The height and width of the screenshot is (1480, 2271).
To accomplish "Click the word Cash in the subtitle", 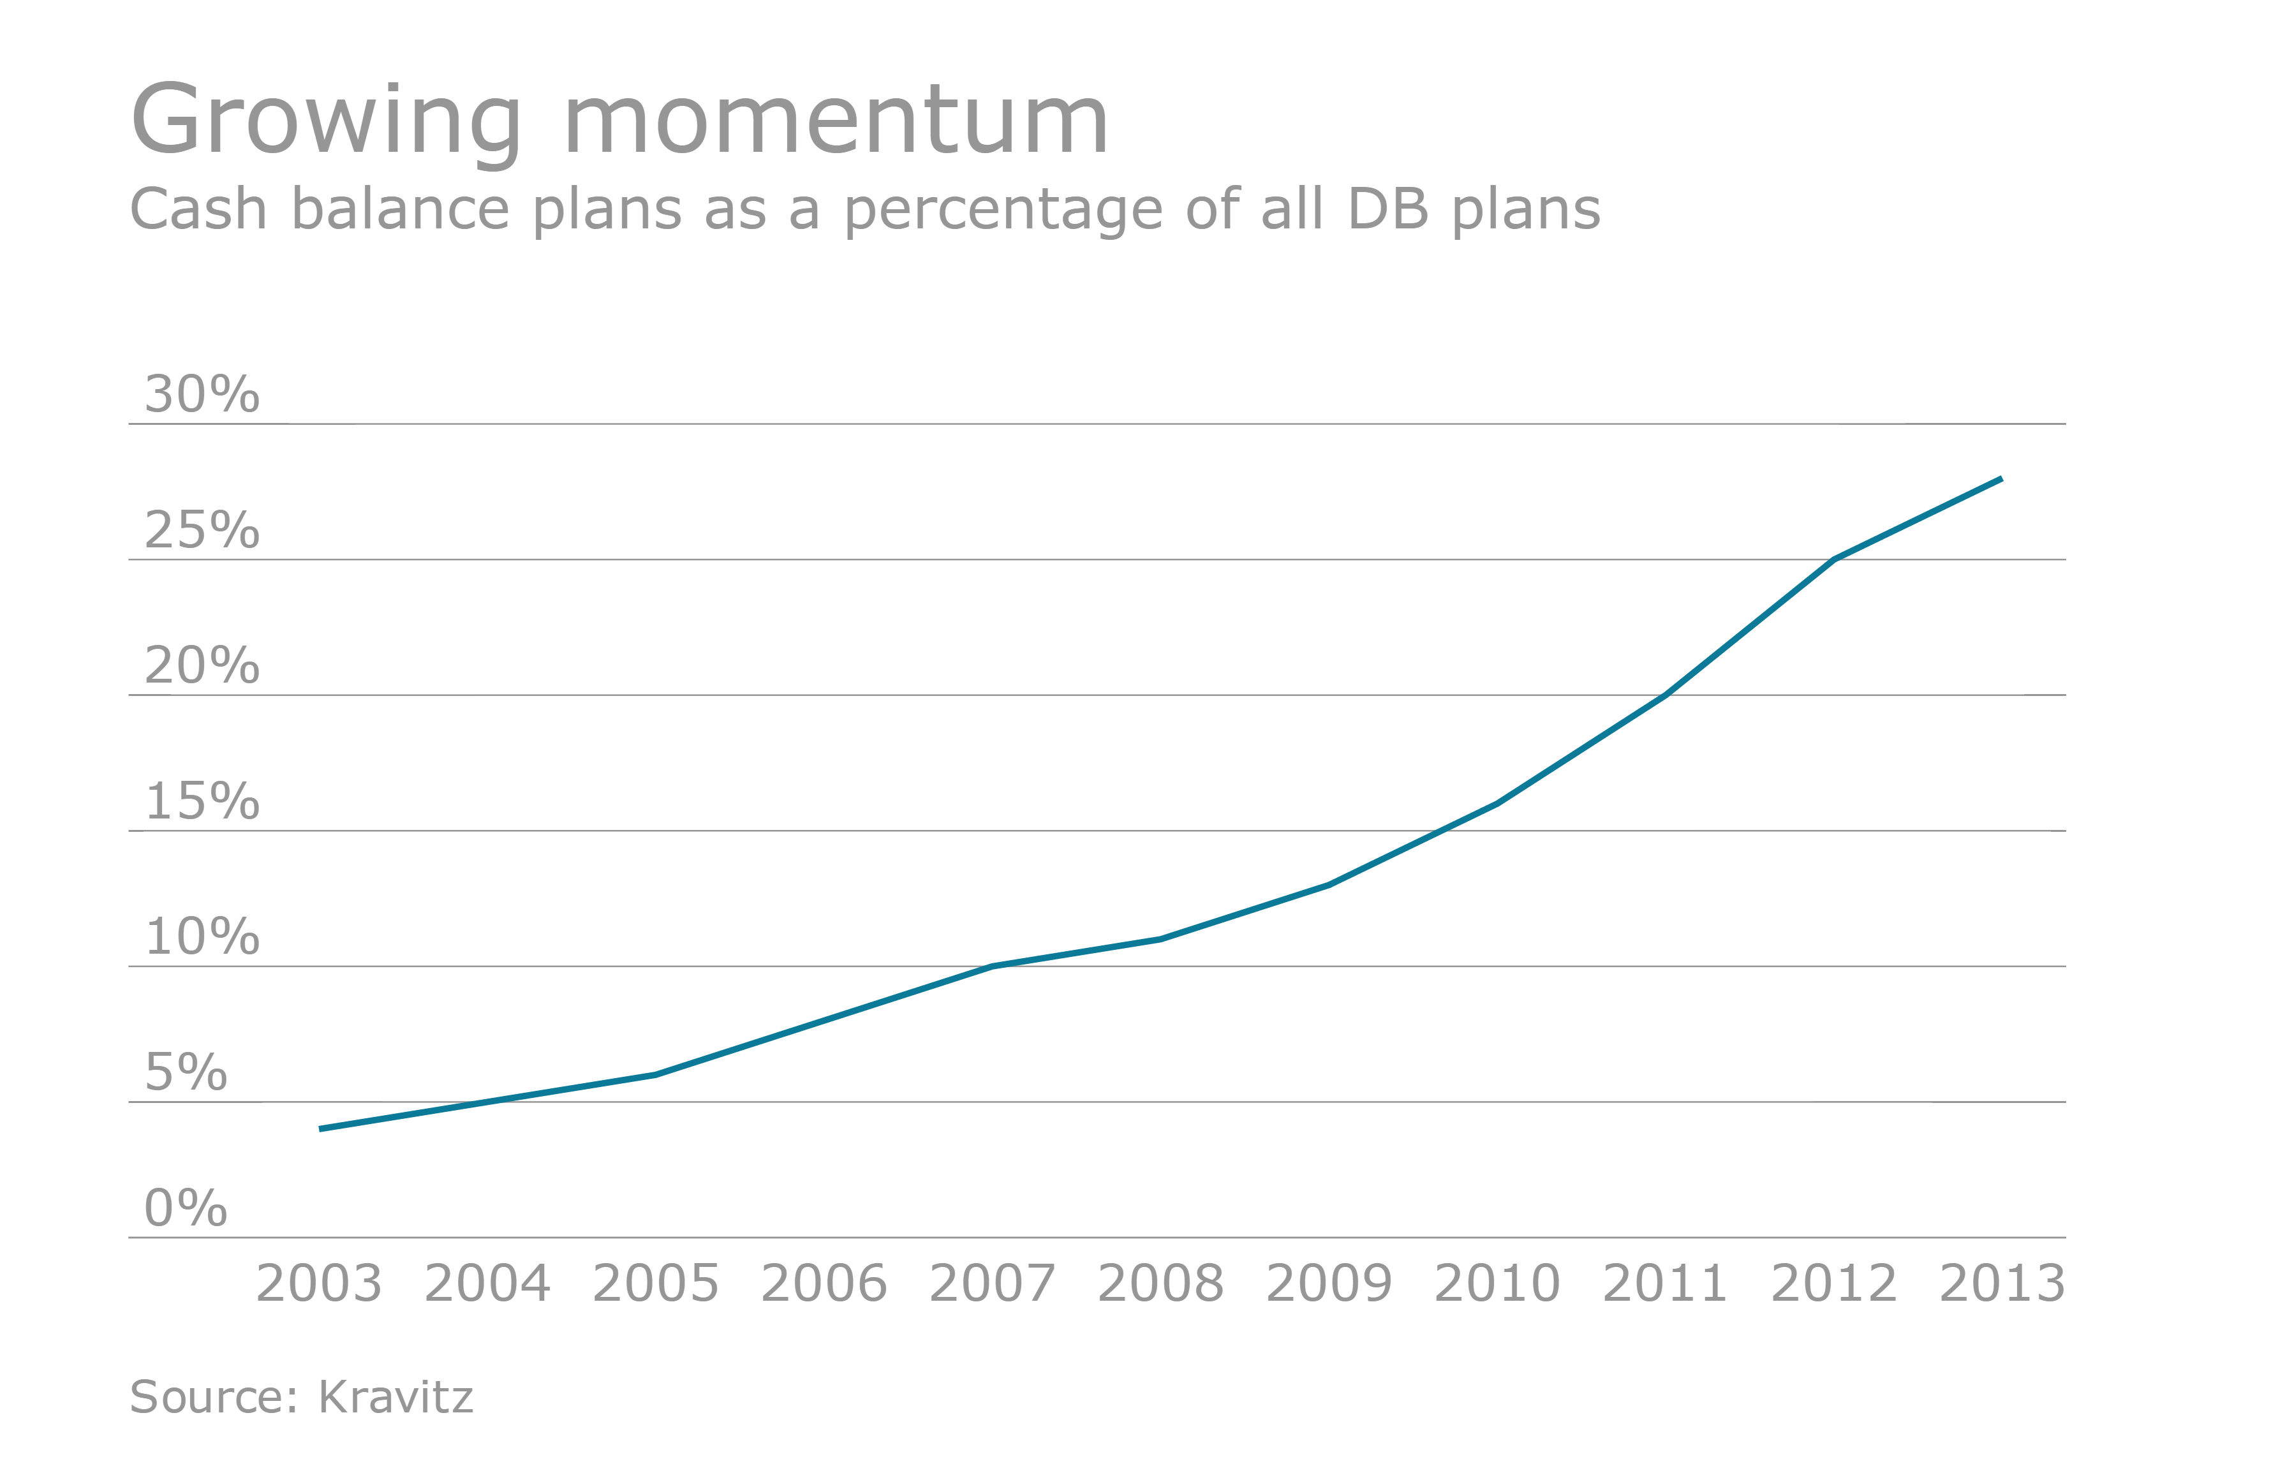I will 198,209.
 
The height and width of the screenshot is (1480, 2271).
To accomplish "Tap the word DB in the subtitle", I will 1387,209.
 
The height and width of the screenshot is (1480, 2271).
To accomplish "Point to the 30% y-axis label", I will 202,394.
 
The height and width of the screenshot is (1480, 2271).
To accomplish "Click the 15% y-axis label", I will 202,801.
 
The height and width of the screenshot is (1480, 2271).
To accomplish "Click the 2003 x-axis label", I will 319,1284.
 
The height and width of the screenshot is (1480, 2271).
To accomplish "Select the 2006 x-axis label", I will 824,1284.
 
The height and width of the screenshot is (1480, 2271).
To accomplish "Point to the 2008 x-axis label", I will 1160,1284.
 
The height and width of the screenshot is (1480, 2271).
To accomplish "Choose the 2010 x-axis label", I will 1497,1284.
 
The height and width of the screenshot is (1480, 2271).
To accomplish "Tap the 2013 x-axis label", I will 2002,1284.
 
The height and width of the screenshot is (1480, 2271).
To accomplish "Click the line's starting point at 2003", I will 321,1129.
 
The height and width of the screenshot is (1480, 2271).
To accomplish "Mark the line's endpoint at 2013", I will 2001,479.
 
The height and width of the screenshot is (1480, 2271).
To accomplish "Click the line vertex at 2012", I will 1834,560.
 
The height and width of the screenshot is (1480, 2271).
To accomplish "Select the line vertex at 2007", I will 993,966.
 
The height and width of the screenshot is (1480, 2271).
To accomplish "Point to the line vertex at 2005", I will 656,1076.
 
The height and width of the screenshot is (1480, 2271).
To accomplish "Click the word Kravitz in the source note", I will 395,1397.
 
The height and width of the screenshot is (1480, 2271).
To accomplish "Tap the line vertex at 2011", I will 1665,695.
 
